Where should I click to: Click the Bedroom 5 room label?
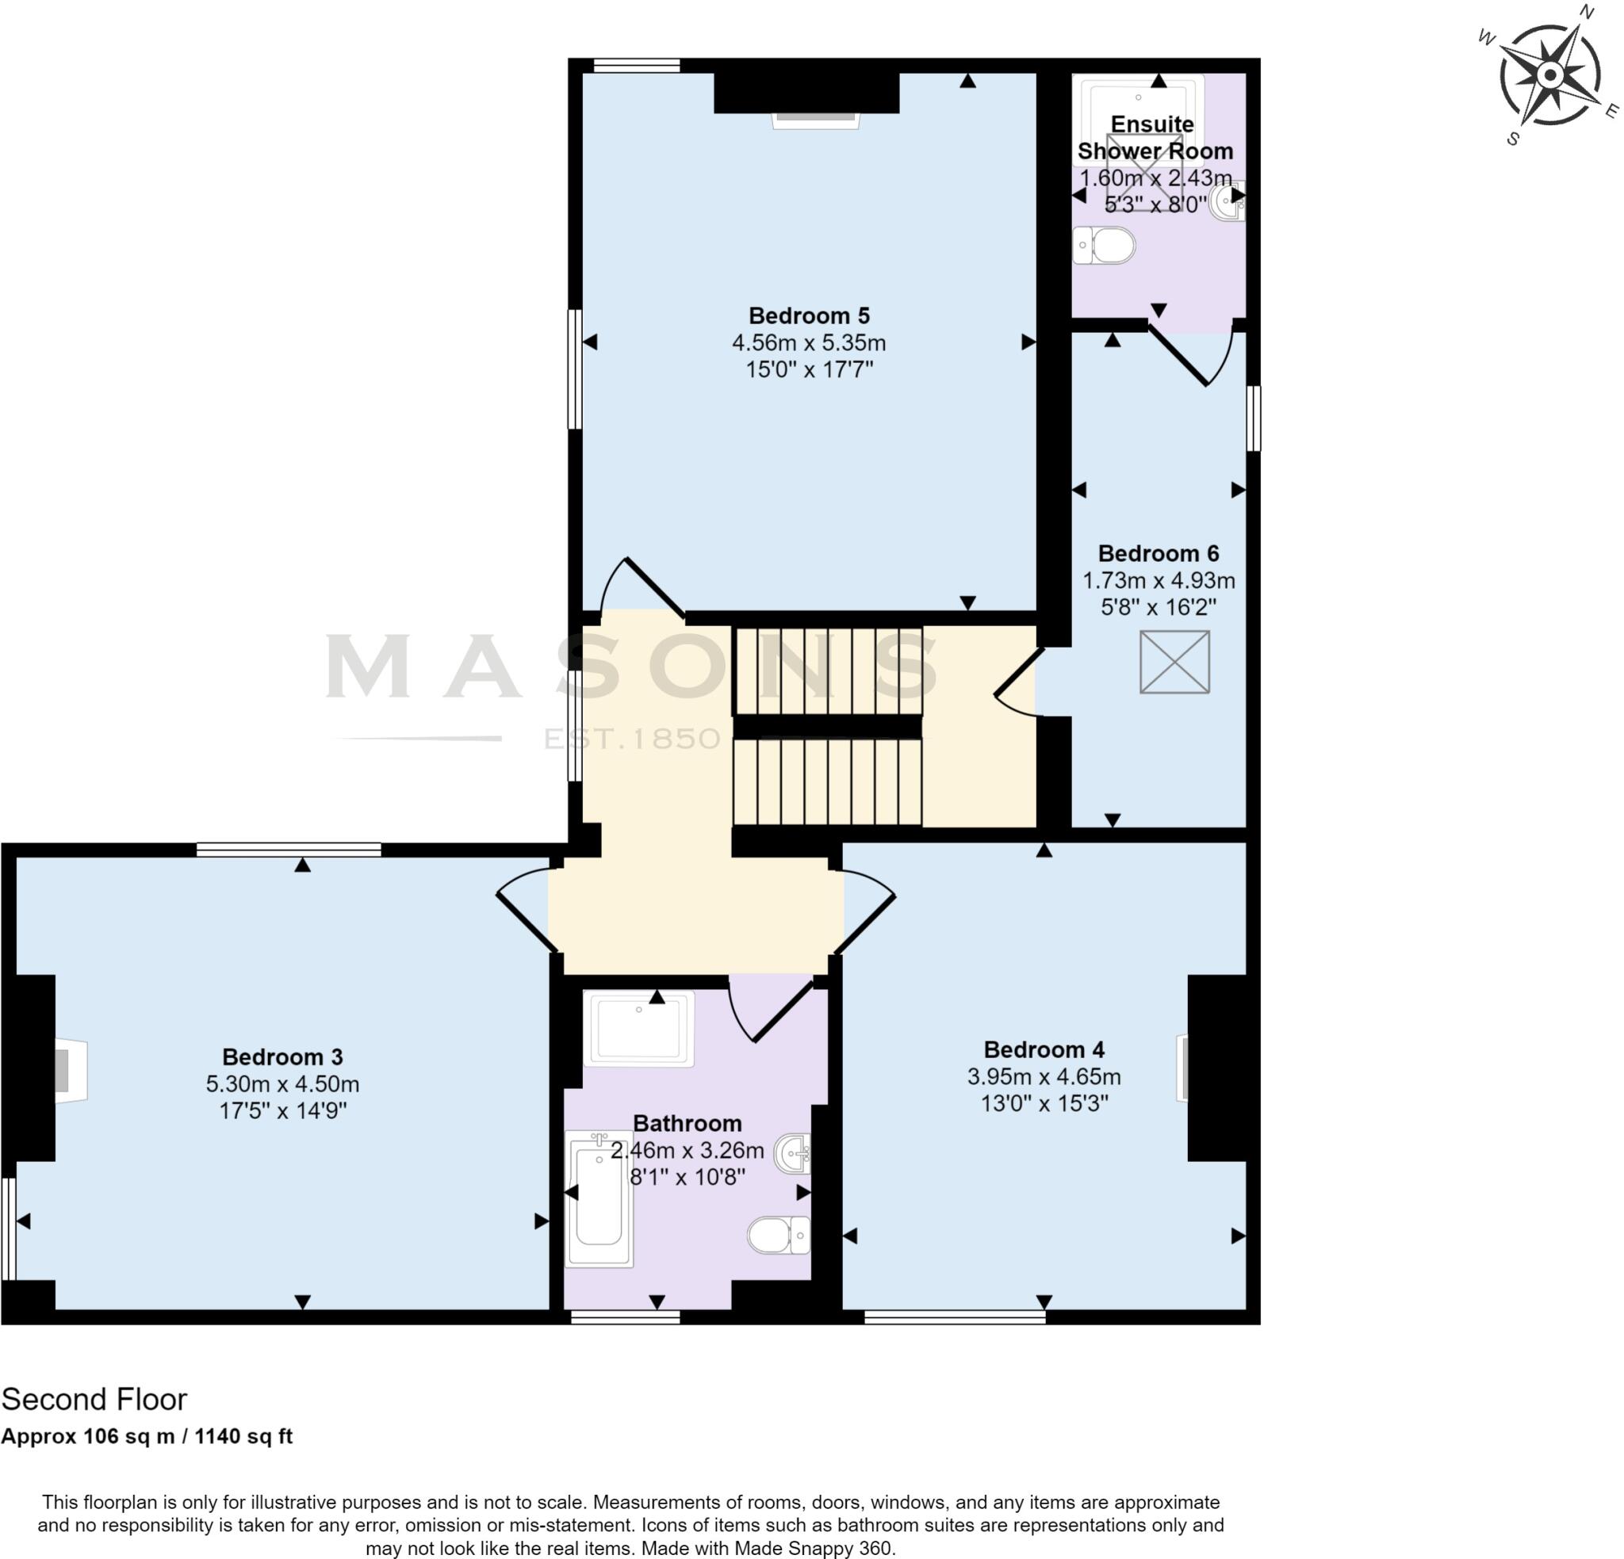pyautogui.click(x=809, y=315)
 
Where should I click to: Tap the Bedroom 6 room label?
pyautogui.click(x=1159, y=553)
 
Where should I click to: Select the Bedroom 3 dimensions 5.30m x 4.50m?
pyautogui.click(x=282, y=1083)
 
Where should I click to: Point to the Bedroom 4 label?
pyautogui.click(x=1044, y=1049)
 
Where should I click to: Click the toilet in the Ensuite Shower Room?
pyautogui.click(x=1105, y=245)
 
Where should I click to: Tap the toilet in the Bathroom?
pyautogui.click(x=779, y=1235)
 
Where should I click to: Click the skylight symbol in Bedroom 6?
pyautogui.click(x=1174, y=662)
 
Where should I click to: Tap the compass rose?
pyautogui.click(x=1549, y=75)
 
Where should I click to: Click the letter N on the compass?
pyautogui.click(x=1587, y=12)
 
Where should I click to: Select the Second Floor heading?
pyautogui.click(x=94, y=1399)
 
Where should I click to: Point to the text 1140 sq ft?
pyautogui.click(x=243, y=1436)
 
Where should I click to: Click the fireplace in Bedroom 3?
pyautogui.click(x=71, y=1070)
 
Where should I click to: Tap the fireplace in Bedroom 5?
pyautogui.click(x=815, y=121)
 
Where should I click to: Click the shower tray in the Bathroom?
pyautogui.click(x=639, y=1028)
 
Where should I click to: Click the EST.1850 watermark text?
pyautogui.click(x=632, y=738)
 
